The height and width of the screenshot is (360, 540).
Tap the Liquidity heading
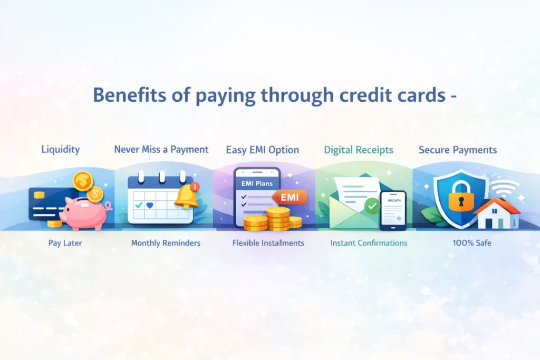point(61,149)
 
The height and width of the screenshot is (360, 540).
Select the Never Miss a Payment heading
point(161,149)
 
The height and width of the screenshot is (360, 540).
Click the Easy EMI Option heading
point(263,150)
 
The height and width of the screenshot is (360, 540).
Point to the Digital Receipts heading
point(359,150)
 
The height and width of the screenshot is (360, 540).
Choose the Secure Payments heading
point(458,150)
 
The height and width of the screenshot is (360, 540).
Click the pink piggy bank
point(84,212)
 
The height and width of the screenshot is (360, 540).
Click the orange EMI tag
point(290,197)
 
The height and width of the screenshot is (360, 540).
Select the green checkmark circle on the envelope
point(373,206)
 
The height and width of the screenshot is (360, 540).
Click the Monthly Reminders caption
point(166,243)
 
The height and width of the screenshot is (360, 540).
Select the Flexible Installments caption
point(268,243)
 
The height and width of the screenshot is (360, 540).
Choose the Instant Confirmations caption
point(369,243)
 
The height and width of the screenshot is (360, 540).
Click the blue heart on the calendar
point(150,206)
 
